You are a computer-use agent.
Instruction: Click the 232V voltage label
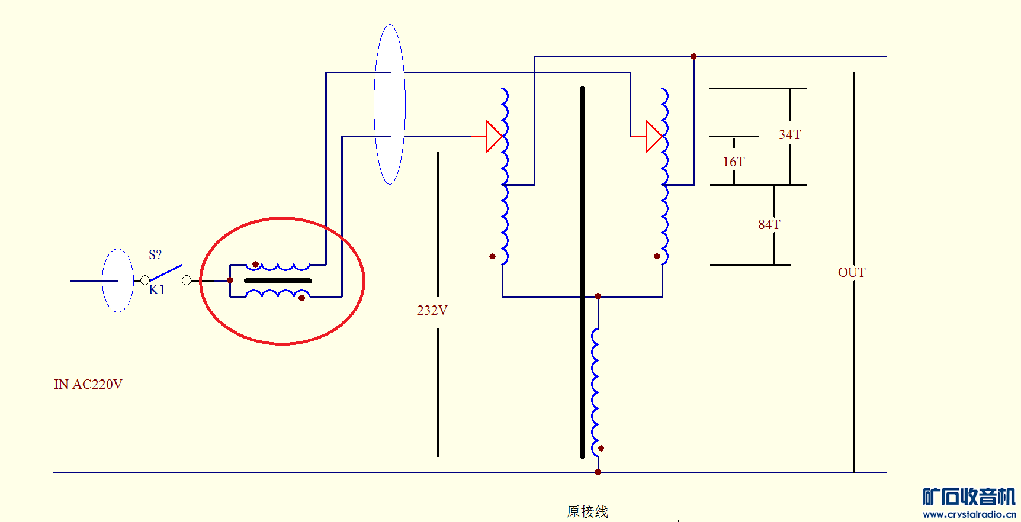coord(432,310)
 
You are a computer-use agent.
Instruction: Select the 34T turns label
coord(789,135)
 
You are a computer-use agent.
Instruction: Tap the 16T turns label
coord(734,162)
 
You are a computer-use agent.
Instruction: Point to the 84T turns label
coord(769,224)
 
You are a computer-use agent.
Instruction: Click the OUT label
coord(852,272)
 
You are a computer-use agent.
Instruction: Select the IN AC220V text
coord(88,384)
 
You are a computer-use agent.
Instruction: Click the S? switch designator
coord(155,254)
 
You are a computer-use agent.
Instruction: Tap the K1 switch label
coord(157,289)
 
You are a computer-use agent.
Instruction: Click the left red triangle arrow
coord(494,136)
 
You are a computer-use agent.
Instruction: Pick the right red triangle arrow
coord(654,136)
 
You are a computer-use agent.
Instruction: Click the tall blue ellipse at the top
coord(390,104)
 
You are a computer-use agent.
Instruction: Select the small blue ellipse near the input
coord(118,281)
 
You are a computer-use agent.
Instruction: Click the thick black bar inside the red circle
coord(278,281)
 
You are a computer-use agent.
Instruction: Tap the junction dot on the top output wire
coord(693,57)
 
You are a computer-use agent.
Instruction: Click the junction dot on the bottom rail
coord(598,472)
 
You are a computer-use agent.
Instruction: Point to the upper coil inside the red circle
coord(277,267)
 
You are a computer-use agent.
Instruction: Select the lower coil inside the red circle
coord(277,293)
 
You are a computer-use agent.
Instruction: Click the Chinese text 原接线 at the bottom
coord(587,511)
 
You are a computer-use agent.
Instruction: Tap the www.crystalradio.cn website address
coord(969,514)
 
